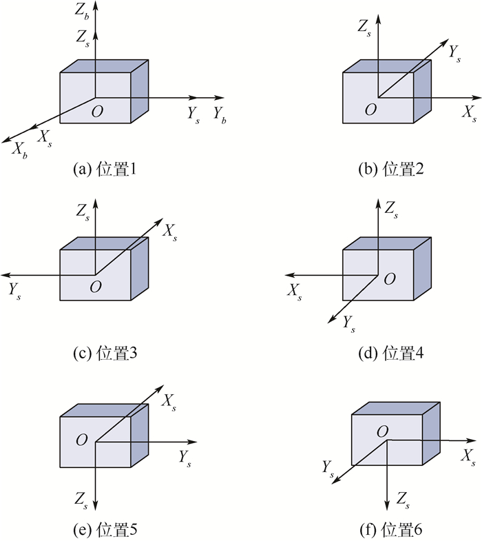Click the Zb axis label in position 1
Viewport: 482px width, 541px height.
pyautogui.click(x=82, y=12)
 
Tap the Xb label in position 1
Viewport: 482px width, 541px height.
pyautogui.click(x=20, y=150)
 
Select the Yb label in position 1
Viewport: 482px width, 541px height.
pyautogui.click(x=219, y=114)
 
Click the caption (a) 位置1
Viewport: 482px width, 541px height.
pyautogui.click(x=105, y=169)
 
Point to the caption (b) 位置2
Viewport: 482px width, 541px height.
pyautogui.click(x=390, y=169)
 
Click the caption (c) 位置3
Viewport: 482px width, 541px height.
pyautogui.click(x=105, y=353)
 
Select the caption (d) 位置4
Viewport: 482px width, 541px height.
pyautogui.click(x=390, y=353)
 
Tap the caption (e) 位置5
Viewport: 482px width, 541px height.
pyautogui.click(x=105, y=529)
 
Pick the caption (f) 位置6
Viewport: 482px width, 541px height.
pyautogui.click(x=390, y=529)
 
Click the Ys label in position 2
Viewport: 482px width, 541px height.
pyautogui.click(x=454, y=54)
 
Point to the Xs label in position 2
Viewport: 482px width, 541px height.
pyautogui.click(x=469, y=114)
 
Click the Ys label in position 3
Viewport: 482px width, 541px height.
pyautogui.click(x=14, y=291)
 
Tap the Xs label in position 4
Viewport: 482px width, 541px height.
pyautogui.click(x=295, y=292)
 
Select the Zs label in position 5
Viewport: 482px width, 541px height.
pyautogui.click(x=81, y=500)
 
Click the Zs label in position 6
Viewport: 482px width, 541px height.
pyautogui.click(x=403, y=500)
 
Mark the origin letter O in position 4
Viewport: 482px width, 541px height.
pyautogui.click(x=390, y=278)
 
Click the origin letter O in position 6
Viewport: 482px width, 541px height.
pyautogui.click(x=382, y=431)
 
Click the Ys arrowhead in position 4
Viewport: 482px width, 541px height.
pyautogui.click(x=331, y=320)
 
